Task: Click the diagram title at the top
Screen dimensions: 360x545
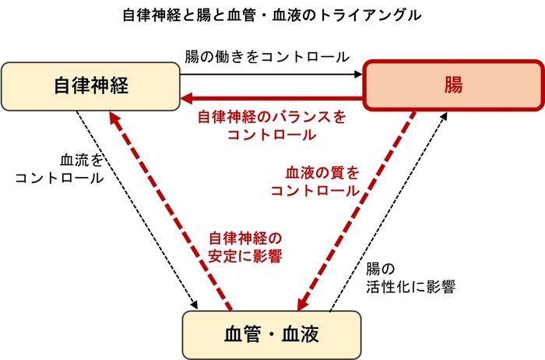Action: [272, 15]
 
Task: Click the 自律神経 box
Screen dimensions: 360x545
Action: [91, 85]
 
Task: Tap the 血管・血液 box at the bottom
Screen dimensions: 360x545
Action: [272, 333]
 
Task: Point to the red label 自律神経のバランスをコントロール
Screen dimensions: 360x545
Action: [271, 125]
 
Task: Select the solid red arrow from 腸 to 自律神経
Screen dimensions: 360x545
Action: [272, 99]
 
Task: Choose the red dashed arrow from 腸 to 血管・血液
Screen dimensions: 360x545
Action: [357, 210]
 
